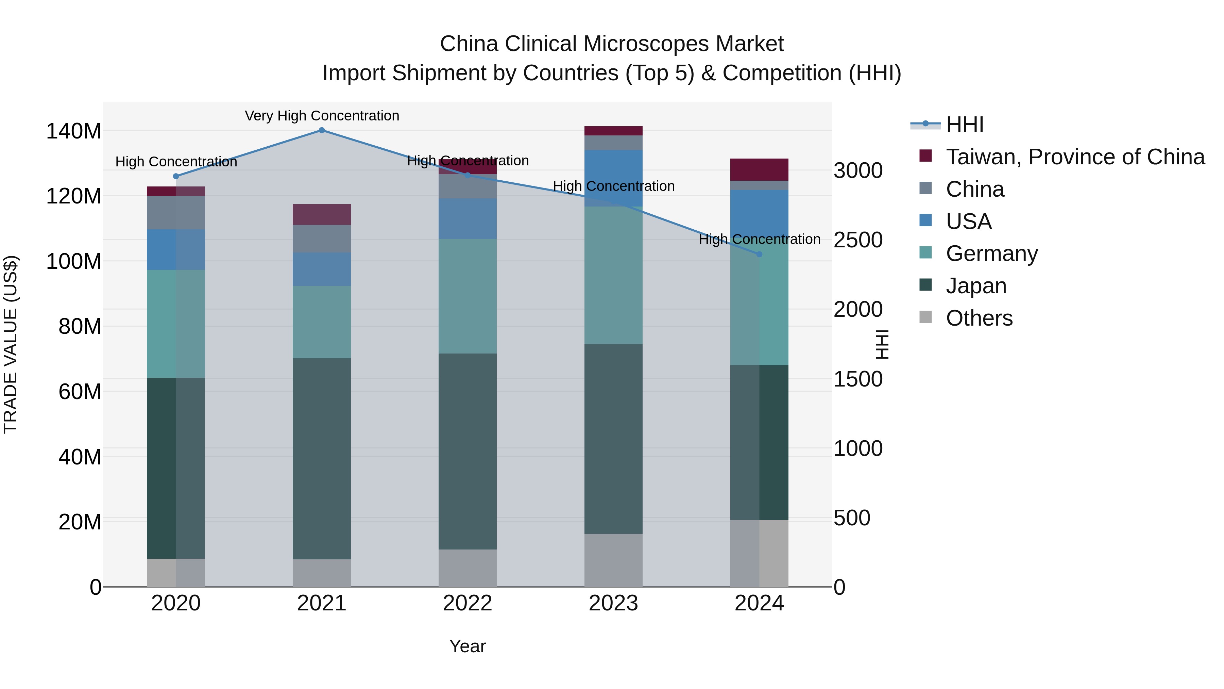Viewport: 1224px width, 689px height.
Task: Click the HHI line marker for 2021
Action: coord(322,130)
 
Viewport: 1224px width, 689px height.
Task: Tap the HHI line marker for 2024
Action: coord(759,255)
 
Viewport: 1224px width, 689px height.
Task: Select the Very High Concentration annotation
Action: coord(322,116)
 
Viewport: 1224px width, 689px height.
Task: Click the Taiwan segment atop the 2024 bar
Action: coord(759,170)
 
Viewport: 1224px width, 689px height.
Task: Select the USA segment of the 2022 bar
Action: coord(467,219)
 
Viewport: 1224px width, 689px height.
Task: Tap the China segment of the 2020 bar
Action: coord(176,213)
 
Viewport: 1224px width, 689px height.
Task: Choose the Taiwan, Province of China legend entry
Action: coord(1075,157)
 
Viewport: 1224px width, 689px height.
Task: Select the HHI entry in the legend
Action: coord(965,125)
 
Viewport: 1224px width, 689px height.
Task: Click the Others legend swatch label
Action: coord(979,318)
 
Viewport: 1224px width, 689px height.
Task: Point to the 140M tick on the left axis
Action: coord(74,131)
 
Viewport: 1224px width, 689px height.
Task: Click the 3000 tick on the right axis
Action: coord(858,171)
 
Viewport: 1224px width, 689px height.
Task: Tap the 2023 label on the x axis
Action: coord(613,603)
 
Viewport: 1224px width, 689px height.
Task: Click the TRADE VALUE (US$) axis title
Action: coord(11,344)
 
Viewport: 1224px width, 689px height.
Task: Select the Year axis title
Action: coord(467,646)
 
